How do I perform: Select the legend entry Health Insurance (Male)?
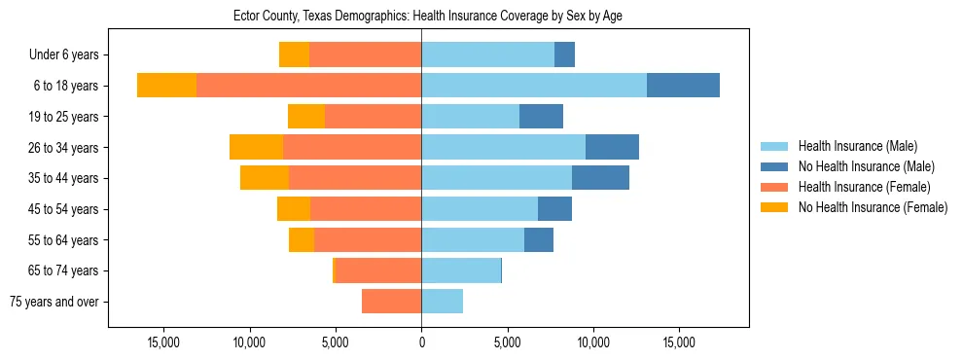(857, 146)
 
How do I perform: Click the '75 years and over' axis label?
(53, 302)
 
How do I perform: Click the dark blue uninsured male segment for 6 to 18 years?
(683, 86)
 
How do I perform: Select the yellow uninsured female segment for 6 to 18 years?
(166, 86)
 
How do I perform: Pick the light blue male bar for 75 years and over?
(442, 302)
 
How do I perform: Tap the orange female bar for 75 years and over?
(391, 302)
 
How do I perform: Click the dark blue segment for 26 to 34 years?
(612, 147)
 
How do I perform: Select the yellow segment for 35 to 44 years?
(265, 178)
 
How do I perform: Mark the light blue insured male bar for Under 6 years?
(487, 54)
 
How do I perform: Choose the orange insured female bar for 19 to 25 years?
(373, 117)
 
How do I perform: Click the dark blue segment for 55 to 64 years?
(539, 239)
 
